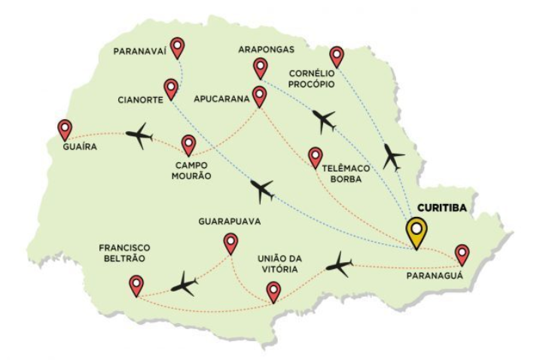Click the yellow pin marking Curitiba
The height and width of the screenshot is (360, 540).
coord(416,230)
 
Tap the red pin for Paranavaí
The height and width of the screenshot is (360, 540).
coord(177,48)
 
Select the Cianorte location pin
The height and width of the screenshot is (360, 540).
coord(172,90)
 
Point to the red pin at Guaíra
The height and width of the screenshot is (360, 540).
coord(66,128)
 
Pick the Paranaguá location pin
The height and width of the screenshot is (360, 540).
coord(462,253)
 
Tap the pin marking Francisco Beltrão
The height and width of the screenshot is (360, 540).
coord(136,285)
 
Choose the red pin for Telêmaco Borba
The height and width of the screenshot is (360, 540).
coord(316,156)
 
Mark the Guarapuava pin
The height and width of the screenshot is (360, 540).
coord(230,243)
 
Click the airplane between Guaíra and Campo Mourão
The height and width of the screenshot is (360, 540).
coord(139,136)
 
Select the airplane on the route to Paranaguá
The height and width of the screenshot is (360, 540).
coord(340,264)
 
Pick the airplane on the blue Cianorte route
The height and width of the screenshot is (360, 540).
coord(262,191)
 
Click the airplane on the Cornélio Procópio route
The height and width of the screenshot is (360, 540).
coord(392,157)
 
